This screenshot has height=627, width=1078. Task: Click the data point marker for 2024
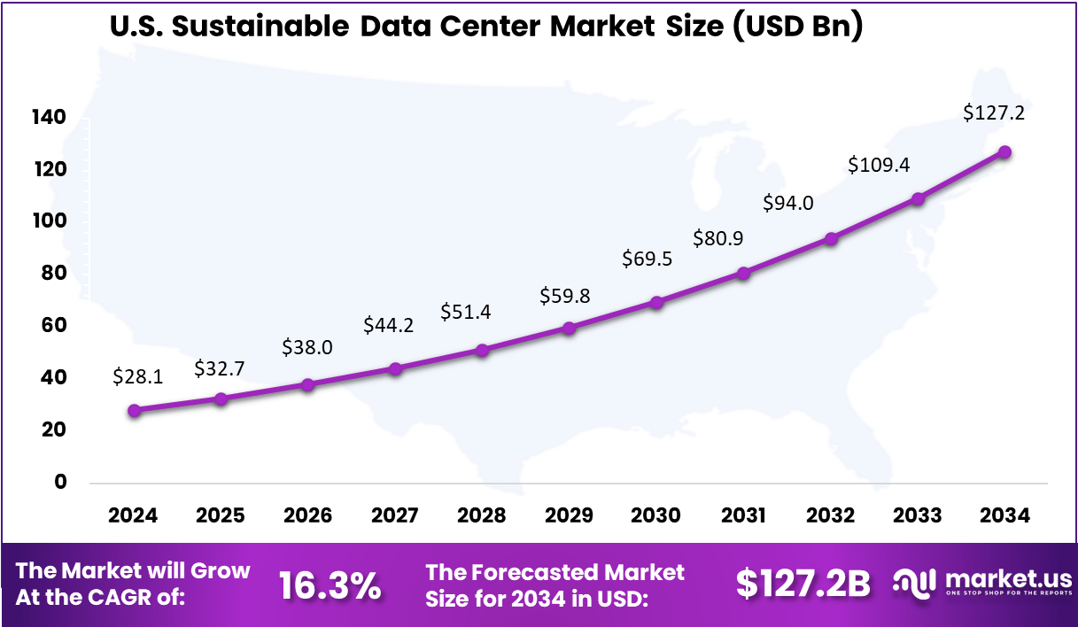[x=134, y=410]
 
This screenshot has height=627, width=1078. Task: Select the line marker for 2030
[x=656, y=302]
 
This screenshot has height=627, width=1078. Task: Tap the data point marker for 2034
[x=1004, y=152]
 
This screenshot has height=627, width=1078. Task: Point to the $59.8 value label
[x=565, y=296]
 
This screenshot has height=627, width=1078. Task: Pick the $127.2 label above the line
[x=993, y=113]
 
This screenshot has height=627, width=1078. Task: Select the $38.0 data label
[x=306, y=347]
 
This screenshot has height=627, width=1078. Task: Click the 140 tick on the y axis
[x=50, y=118]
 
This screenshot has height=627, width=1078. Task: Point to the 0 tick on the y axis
[x=60, y=482]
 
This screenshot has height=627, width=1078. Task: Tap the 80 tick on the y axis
[x=54, y=274]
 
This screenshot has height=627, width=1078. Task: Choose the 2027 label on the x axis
[x=394, y=515]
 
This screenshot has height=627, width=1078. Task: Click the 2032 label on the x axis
[x=831, y=515]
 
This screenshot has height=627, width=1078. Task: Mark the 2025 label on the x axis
[x=221, y=515]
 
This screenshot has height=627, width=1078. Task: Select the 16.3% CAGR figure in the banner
[x=330, y=585]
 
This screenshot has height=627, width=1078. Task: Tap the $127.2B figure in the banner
[x=803, y=584]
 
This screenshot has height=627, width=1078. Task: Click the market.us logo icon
[x=915, y=583]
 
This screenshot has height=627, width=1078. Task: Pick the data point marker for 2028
[x=482, y=350]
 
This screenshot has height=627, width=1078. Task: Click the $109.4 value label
[x=878, y=165]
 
